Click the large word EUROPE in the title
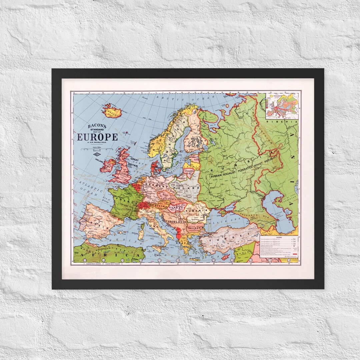click(97, 137)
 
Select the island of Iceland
click(111, 111)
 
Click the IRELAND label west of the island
click(99, 160)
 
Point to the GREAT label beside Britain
click(134, 160)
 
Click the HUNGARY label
click(176, 207)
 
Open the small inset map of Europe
click(282, 106)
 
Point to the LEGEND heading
click(279, 237)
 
